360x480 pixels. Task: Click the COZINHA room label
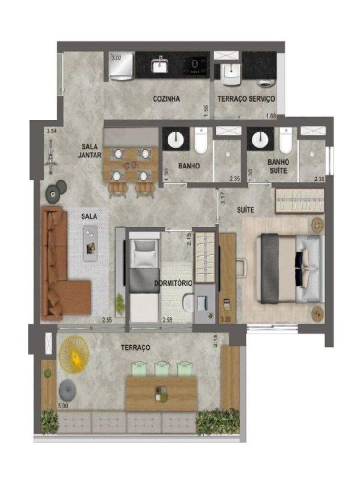166,99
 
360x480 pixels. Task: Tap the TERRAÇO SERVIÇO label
246,99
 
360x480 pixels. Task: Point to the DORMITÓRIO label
173,283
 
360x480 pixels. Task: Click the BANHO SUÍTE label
278,167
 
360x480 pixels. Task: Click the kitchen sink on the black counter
159,65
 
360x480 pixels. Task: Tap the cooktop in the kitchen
196,65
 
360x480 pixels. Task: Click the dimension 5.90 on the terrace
63,406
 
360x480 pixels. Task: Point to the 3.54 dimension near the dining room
51,131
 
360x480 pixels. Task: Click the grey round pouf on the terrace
67,390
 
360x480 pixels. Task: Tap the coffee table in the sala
90,243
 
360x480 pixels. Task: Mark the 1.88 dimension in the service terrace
272,115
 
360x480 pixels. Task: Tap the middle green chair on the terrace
163,370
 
